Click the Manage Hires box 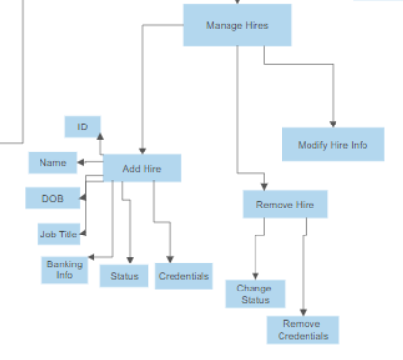coord(237,24)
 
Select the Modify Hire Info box coord(333,144)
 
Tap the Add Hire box coord(142,169)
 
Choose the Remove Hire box coord(285,205)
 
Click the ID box coord(83,126)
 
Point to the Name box coord(52,163)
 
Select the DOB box coord(53,198)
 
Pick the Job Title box coord(59,234)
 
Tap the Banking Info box coord(65,268)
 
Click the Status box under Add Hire coord(123,276)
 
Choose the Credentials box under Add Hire coord(184,276)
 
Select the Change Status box coord(255,293)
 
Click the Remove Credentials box coord(303,329)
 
